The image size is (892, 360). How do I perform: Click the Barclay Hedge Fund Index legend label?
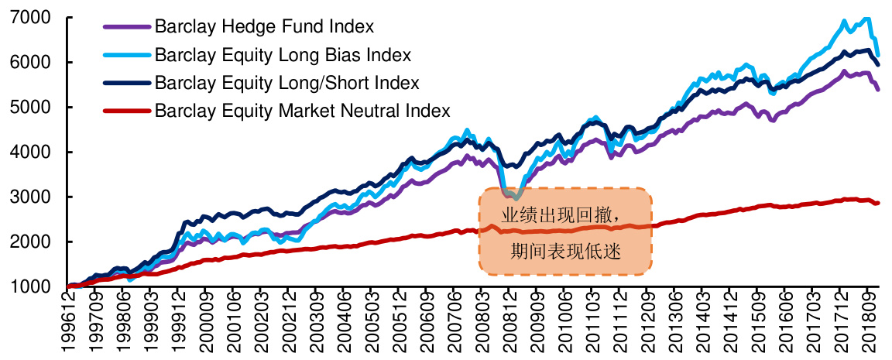point(264,26)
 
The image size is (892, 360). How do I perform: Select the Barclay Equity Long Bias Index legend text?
point(283,55)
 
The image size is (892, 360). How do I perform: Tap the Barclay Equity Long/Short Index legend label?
point(286,83)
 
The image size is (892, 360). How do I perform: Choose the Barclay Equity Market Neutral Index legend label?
point(302,111)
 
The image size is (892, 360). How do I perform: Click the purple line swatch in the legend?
point(126,27)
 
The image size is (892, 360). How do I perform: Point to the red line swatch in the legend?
point(126,111)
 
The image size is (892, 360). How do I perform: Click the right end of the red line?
point(877,203)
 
